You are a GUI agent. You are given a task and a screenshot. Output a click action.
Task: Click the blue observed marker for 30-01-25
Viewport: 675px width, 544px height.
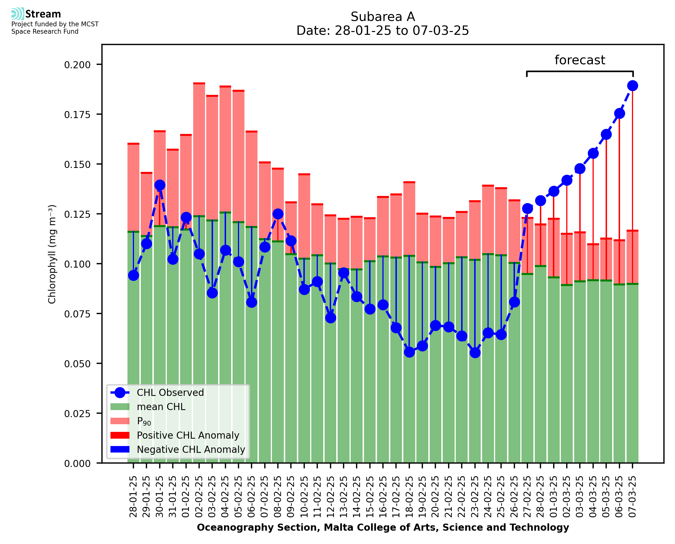(160, 185)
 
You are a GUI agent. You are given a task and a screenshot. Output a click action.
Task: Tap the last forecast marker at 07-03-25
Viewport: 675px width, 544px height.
(633, 86)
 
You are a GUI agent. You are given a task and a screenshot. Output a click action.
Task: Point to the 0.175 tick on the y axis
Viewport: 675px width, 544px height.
(77, 115)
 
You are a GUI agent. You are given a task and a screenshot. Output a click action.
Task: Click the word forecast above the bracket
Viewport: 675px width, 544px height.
(580, 60)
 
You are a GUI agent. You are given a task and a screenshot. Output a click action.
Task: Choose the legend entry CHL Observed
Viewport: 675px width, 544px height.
(170, 393)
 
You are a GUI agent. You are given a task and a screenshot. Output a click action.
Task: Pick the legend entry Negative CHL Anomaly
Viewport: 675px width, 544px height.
(191, 449)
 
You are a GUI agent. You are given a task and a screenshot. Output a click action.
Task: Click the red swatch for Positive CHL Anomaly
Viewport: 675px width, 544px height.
(120, 435)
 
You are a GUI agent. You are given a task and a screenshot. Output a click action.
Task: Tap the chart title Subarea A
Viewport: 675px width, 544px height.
(383, 17)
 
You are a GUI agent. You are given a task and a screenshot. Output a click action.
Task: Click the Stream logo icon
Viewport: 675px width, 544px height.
(18, 14)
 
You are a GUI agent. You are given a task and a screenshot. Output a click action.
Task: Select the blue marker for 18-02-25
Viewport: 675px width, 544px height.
(409, 352)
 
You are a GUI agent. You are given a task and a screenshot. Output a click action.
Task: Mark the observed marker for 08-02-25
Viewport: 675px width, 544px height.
(278, 214)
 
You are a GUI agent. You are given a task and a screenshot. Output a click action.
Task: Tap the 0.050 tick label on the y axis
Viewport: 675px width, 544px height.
(77, 364)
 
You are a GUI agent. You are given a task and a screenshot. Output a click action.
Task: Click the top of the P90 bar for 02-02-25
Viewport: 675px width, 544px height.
(199, 84)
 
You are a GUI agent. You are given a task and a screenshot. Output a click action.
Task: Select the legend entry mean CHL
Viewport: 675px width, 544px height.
(161, 407)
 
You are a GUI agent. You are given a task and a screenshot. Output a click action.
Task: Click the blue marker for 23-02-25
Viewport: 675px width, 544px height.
(475, 353)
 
